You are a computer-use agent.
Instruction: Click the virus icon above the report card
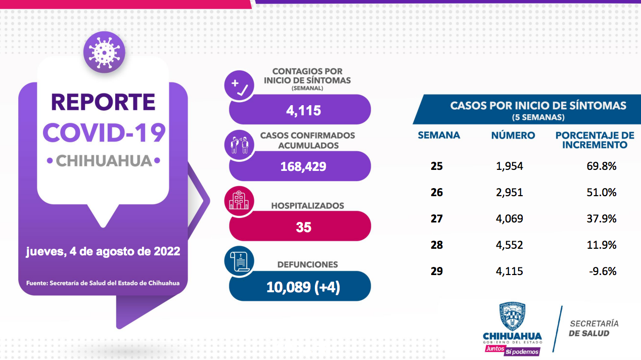point(104,52)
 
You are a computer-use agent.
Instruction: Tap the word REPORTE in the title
point(103,102)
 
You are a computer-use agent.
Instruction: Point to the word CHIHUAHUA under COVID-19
point(104,161)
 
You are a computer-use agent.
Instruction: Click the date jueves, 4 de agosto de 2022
point(103,251)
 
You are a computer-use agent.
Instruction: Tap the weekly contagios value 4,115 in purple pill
point(303,110)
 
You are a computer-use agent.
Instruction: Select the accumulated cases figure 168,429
point(303,166)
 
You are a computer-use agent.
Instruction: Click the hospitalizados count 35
point(303,227)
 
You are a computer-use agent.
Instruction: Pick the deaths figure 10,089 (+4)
point(303,287)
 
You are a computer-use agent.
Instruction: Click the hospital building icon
point(239,201)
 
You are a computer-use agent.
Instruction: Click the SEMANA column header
point(439,136)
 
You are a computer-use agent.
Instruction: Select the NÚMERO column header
point(513,136)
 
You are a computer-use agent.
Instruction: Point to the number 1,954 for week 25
point(510,166)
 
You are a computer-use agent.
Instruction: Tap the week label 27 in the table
point(437,219)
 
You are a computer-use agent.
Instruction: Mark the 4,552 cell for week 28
point(510,245)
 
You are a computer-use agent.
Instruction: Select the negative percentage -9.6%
point(603,272)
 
